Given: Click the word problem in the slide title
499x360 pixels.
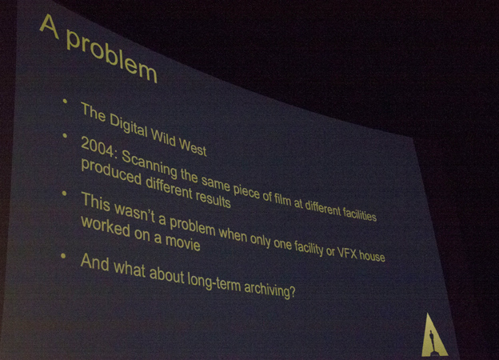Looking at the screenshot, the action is click(x=111, y=56).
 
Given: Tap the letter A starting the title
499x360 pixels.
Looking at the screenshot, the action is click(x=50, y=26).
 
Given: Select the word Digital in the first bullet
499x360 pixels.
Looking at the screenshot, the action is click(x=128, y=127).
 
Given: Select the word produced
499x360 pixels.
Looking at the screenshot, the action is click(x=110, y=172).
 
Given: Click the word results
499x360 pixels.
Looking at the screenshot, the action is click(x=213, y=198).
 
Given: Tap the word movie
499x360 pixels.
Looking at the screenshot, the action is click(x=182, y=242).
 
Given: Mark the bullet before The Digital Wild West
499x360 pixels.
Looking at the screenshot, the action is click(x=65, y=102).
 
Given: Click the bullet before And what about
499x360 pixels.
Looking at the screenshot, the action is click(x=63, y=256).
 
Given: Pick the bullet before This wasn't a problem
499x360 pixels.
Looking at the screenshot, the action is click(x=64, y=194).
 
